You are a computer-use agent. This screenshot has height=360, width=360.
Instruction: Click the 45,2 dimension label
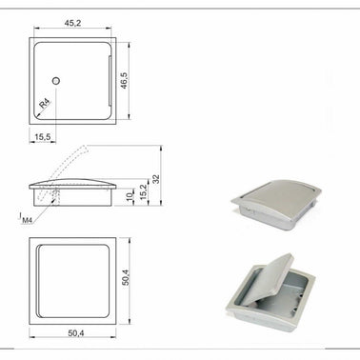click(x=73, y=23)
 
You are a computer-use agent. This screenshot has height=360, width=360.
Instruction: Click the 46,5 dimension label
click(x=124, y=81)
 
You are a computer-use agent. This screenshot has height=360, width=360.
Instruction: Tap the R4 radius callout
click(x=45, y=104)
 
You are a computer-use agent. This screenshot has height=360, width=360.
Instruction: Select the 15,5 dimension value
click(x=43, y=137)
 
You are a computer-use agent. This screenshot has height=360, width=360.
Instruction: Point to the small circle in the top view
click(x=56, y=81)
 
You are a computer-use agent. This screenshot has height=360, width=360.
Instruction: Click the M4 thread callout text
click(x=27, y=220)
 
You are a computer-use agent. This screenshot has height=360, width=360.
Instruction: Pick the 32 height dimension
click(x=156, y=179)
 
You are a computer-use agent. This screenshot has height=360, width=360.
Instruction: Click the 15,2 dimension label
click(x=144, y=192)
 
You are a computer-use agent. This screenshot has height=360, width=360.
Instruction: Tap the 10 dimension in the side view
click(x=130, y=196)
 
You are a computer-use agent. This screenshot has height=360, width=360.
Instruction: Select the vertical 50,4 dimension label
click(x=126, y=277)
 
